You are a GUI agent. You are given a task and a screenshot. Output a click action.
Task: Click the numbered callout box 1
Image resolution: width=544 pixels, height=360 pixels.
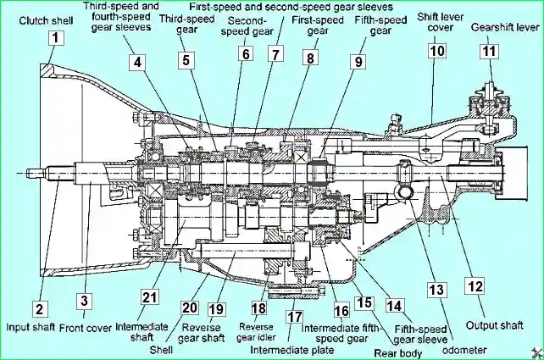pyautogui.click(x=55, y=36)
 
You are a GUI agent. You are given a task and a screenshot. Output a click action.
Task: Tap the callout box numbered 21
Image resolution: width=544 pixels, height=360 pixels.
pyautogui.click(x=149, y=296)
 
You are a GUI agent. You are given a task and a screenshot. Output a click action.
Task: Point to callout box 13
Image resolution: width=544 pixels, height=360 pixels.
pyautogui.click(x=436, y=291)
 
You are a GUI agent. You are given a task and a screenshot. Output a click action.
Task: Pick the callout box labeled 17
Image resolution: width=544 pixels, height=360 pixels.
pyautogui.click(x=293, y=315)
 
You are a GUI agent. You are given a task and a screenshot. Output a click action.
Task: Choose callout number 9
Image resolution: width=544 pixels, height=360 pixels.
pyautogui.click(x=358, y=62)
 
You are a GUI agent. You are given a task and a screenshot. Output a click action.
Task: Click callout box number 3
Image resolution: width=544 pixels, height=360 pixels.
pyautogui.click(x=82, y=299)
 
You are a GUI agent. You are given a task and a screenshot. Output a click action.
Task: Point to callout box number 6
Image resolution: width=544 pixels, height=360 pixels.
pyautogui.click(x=246, y=54)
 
